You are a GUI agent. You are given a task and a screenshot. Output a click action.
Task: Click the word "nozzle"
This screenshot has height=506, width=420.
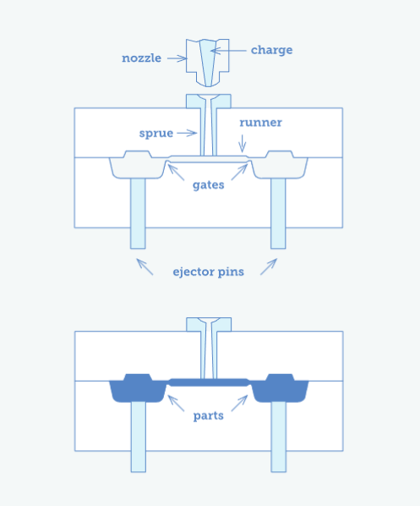(x=141, y=58)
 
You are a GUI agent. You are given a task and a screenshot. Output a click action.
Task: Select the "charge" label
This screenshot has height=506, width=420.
(x=271, y=50)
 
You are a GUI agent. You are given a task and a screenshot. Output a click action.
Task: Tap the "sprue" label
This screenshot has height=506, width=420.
(x=157, y=133)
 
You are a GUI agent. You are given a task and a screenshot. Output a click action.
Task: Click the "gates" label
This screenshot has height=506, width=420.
(x=208, y=184)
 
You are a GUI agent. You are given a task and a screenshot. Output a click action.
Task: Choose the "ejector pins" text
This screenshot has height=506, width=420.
(x=208, y=272)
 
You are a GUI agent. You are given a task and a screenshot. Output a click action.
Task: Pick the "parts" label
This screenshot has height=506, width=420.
(x=208, y=415)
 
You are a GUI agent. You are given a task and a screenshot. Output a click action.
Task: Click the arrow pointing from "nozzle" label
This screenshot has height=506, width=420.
(x=177, y=58)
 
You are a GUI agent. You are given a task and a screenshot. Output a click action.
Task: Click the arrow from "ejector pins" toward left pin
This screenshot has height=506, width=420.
(x=145, y=267)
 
